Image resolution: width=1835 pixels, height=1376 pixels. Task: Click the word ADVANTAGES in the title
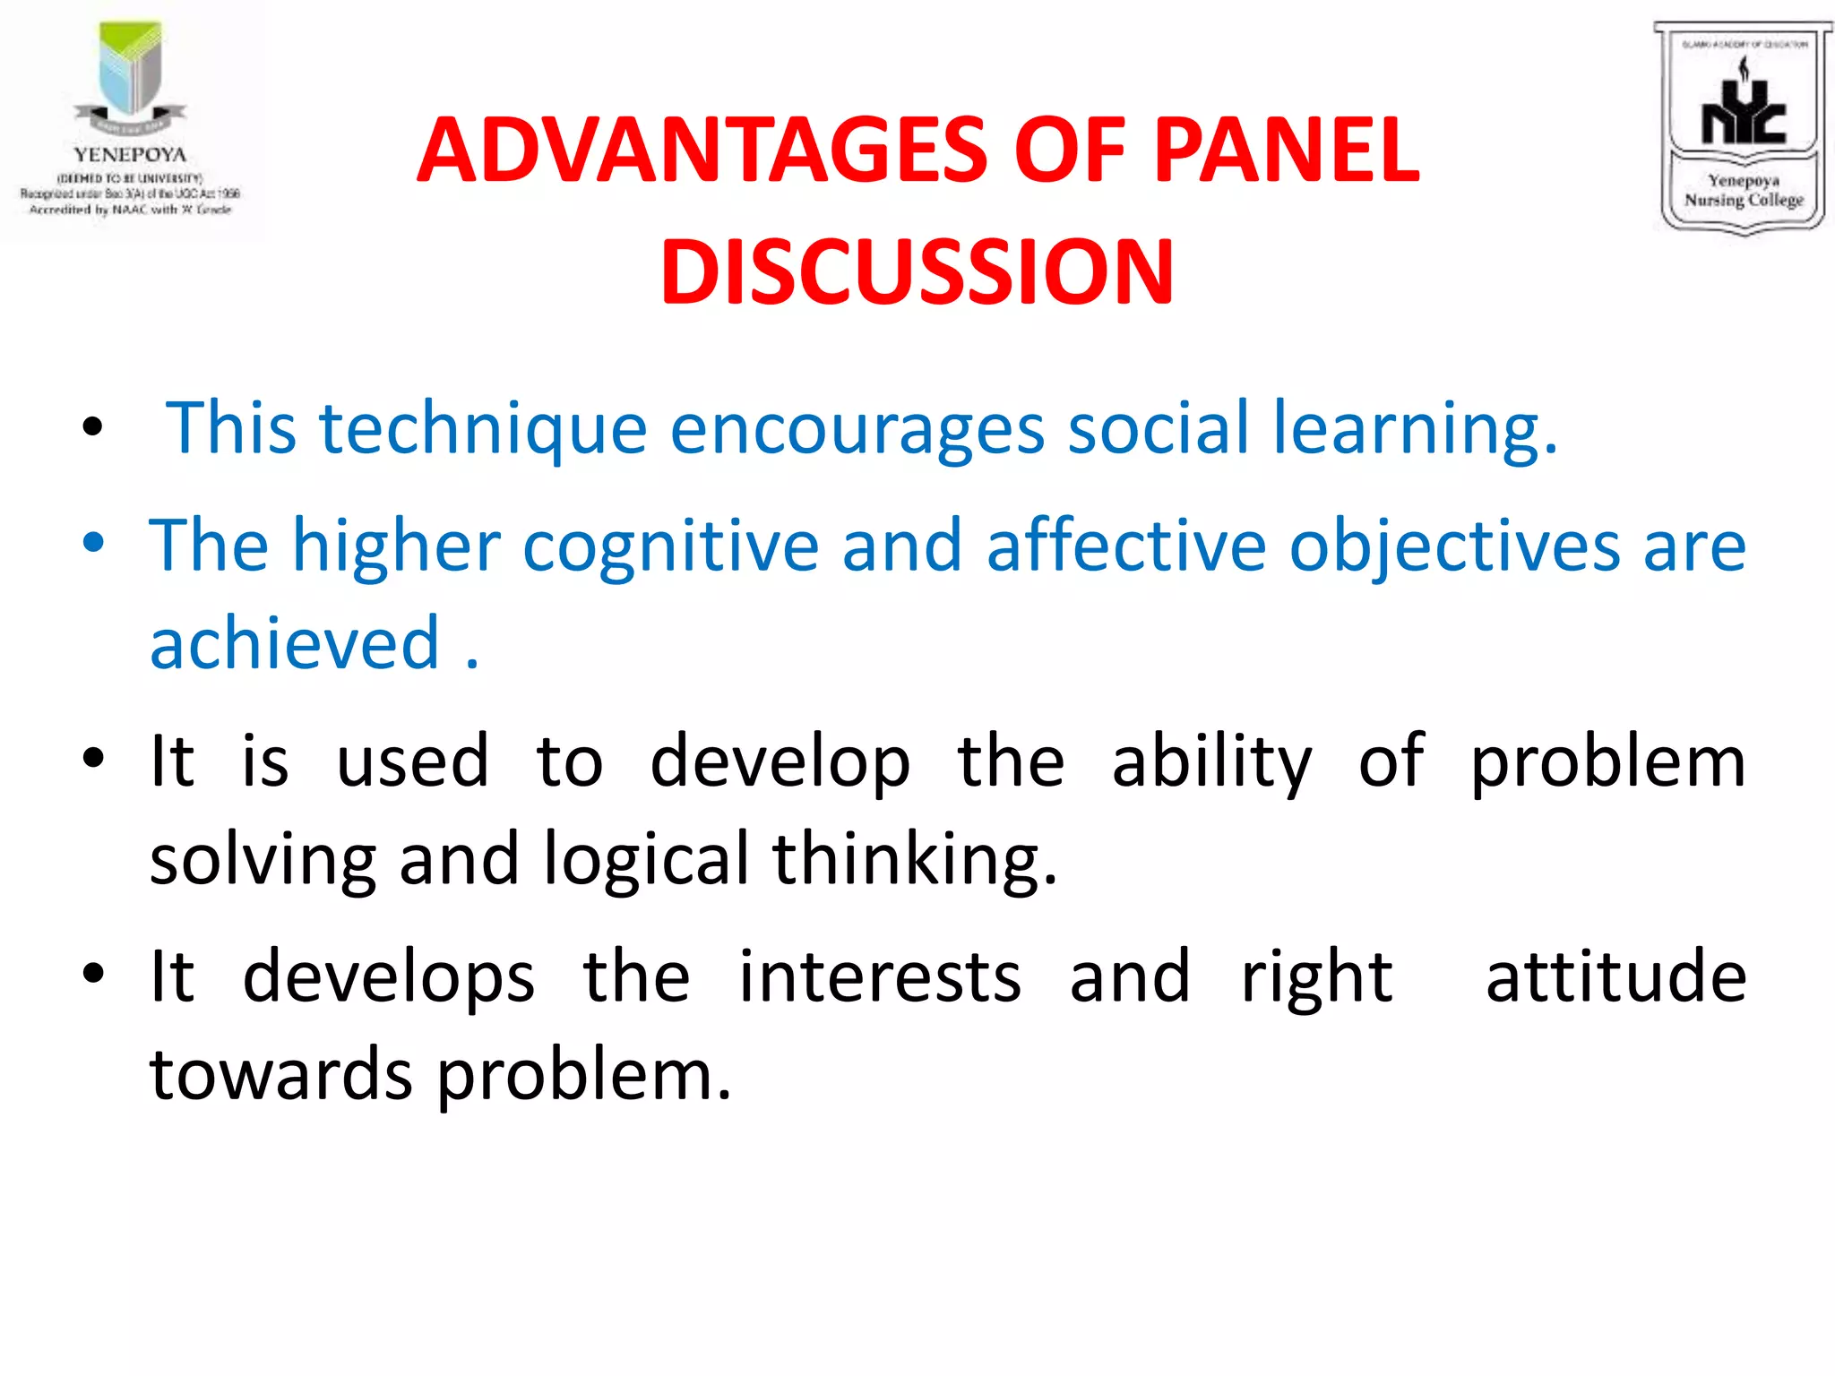pos(702,150)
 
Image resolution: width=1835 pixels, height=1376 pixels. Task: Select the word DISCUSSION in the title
pos(917,271)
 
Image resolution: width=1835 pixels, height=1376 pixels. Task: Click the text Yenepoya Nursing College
pos(1743,191)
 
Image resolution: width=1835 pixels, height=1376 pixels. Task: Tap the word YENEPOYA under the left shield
pos(130,155)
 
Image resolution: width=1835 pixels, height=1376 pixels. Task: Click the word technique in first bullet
pos(483,428)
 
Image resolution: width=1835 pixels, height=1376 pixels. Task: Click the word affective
pos(1126,546)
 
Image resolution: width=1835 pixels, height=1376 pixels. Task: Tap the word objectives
pos(1454,546)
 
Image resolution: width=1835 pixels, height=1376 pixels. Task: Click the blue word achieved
pos(295,643)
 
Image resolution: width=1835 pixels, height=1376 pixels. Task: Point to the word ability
pos(1210,761)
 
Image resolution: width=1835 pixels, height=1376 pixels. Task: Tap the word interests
pos(879,976)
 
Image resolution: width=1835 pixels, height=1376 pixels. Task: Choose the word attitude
pos(1615,976)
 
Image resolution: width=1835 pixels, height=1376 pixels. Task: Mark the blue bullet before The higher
pos(93,543)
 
